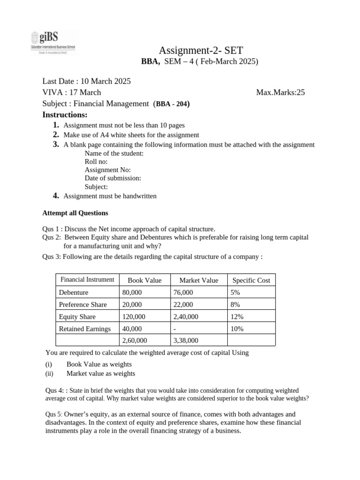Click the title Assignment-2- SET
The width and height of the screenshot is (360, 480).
pyautogui.click(x=202, y=50)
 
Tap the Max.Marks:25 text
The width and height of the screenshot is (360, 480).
pyautogui.click(x=280, y=92)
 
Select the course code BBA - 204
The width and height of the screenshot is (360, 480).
pyautogui.click(x=172, y=104)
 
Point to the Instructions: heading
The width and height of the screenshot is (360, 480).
pyautogui.click(x=65, y=115)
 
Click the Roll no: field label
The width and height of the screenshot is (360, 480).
pyautogui.click(x=96, y=161)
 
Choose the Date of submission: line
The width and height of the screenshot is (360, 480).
pyautogui.click(x=113, y=178)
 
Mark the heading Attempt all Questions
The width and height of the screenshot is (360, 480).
pyautogui.click(x=75, y=213)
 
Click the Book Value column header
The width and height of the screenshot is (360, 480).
pyautogui.click(x=144, y=280)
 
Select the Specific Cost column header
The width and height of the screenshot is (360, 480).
pyautogui.click(x=251, y=280)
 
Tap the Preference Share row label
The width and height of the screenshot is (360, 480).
pyautogui.click(x=83, y=305)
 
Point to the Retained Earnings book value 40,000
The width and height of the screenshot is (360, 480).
pyautogui.click(x=132, y=329)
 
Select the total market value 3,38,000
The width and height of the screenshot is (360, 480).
pyautogui.click(x=186, y=341)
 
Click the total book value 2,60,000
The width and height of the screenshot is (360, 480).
pyautogui.click(x=135, y=341)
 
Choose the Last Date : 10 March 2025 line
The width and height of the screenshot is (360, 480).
pyautogui.click(x=87, y=81)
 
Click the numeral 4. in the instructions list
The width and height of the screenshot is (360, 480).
pyautogui.click(x=56, y=196)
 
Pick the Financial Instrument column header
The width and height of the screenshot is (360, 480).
pyautogui.click(x=87, y=280)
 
